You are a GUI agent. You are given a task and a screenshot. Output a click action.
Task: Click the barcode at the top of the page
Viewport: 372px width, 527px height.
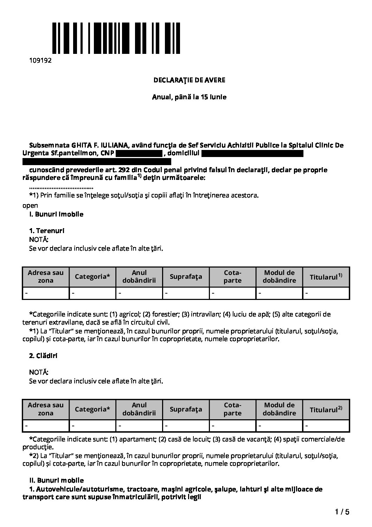click(116, 38)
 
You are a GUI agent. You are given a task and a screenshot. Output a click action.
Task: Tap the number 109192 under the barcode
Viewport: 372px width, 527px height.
click(40, 60)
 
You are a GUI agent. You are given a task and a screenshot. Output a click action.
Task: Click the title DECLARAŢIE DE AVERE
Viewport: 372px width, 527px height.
click(189, 80)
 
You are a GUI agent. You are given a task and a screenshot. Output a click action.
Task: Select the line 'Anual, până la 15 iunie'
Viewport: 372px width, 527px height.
click(189, 97)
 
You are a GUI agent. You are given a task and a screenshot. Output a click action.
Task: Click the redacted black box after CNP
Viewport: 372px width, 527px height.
click(139, 153)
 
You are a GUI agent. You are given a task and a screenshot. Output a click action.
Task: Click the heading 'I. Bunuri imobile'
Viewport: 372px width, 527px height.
click(56, 214)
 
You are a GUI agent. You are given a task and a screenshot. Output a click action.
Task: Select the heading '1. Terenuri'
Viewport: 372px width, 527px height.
click(46, 231)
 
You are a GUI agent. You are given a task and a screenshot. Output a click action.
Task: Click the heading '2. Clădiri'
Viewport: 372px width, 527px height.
click(43, 356)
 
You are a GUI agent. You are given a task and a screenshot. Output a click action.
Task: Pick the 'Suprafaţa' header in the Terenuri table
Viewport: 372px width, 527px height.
click(186, 277)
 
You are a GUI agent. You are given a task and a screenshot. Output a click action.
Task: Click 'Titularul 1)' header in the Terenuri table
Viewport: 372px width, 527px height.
click(326, 277)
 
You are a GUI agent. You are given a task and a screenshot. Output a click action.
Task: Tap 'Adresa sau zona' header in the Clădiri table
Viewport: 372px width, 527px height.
click(46, 409)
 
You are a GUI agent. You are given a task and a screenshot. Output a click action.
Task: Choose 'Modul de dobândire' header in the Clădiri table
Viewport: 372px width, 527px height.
click(280, 409)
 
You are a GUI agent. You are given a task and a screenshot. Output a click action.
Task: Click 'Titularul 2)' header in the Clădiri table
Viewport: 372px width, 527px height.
click(326, 409)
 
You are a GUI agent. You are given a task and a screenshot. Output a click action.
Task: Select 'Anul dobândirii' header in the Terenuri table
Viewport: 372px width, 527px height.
click(139, 277)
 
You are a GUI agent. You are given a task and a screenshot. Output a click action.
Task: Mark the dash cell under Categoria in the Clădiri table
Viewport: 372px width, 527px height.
click(92, 426)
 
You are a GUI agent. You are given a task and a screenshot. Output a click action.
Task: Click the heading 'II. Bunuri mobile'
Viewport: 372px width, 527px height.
click(56, 480)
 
